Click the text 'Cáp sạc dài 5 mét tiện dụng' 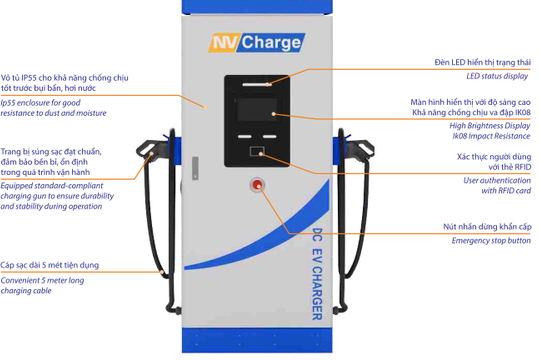click(50, 265)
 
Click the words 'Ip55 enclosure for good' click(41, 102)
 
